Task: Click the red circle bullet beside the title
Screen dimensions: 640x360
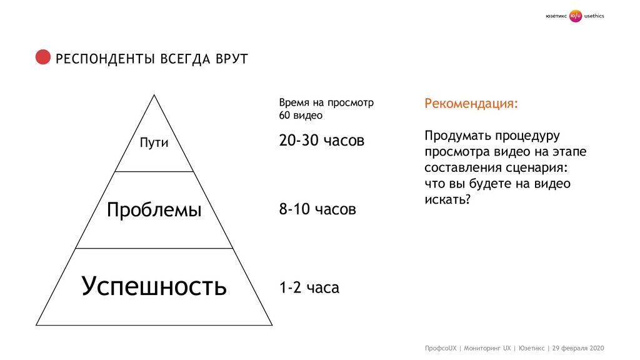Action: tap(42, 57)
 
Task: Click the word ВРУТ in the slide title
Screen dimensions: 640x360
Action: tap(231, 59)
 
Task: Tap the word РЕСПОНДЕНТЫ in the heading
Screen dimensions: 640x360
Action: tap(106, 59)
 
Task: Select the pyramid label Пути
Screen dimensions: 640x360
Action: tap(154, 142)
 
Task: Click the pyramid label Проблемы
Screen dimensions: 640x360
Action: tap(154, 210)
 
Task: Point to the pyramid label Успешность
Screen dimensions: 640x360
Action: tap(154, 287)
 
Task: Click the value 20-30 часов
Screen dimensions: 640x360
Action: tap(321, 141)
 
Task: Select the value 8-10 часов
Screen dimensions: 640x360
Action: tap(317, 209)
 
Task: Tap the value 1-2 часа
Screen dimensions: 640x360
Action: tap(309, 288)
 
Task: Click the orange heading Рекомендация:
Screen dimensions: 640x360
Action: tap(471, 103)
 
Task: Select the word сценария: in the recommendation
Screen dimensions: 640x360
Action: tap(539, 167)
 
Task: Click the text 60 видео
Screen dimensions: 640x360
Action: tap(301, 116)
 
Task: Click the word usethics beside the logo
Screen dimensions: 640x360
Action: tap(594, 16)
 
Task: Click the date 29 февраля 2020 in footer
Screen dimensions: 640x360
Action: tap(579, 347)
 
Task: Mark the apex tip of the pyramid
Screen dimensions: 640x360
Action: tap(154, 95)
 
